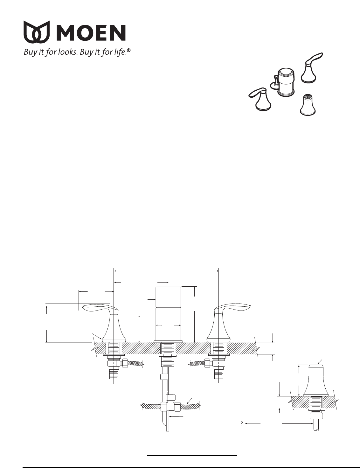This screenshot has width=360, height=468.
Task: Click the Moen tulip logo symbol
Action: coord(37,32)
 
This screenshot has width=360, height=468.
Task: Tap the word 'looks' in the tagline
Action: coord(67,52)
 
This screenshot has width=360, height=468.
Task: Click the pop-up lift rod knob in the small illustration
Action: coord(275,82)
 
